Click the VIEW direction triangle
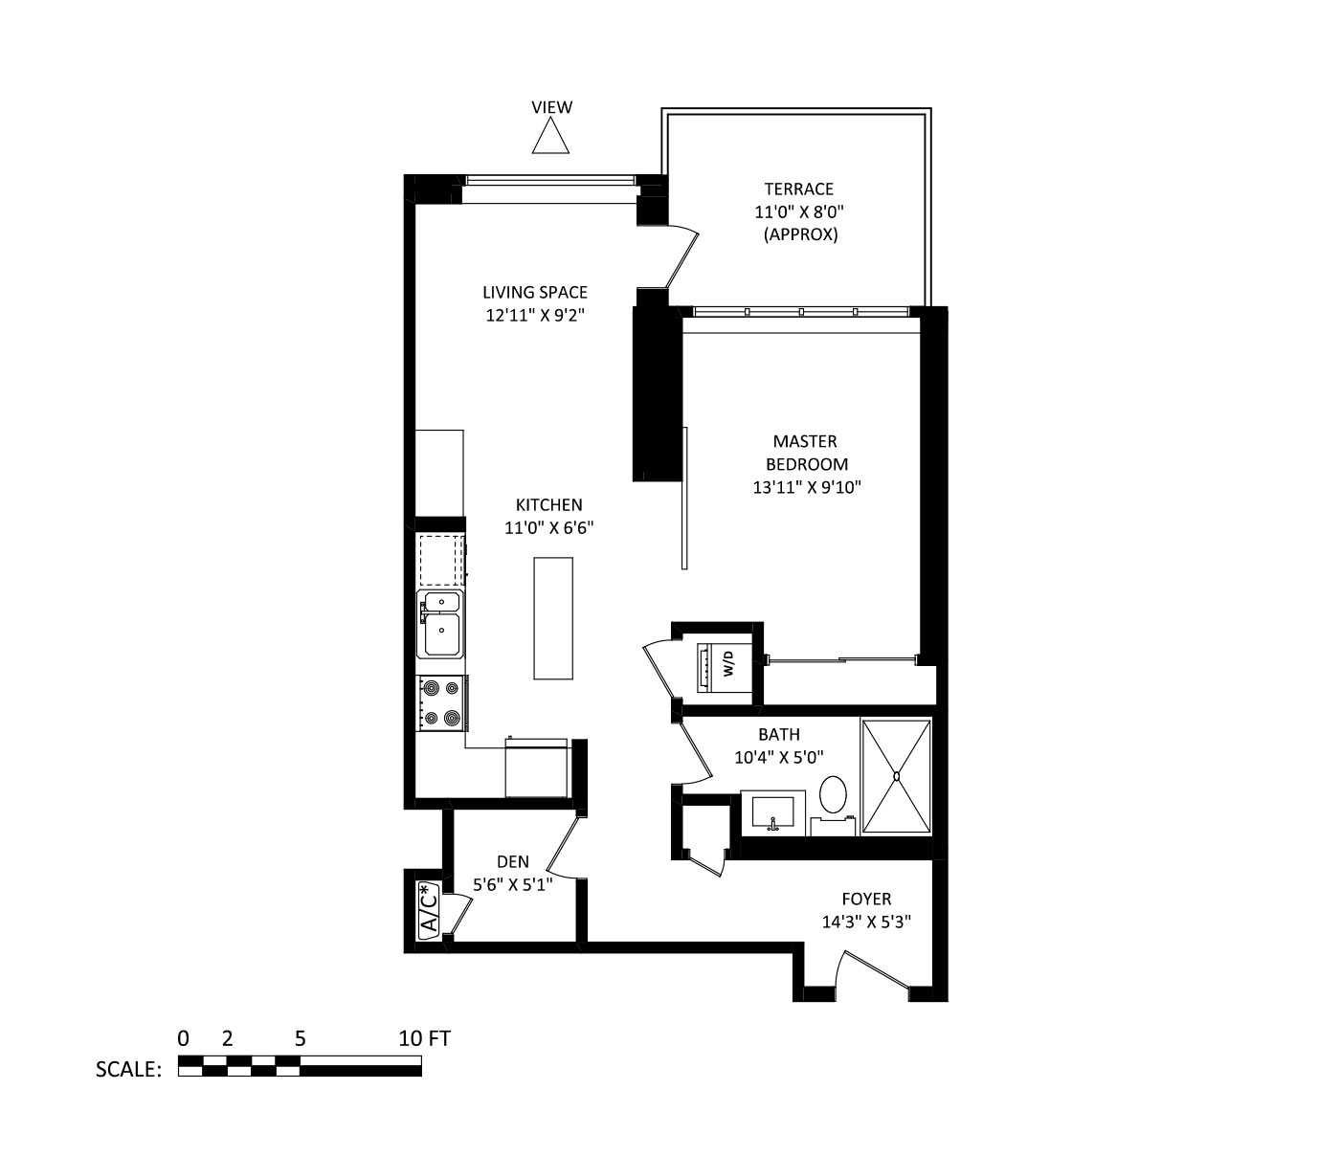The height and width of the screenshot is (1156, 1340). [x=550, y=139]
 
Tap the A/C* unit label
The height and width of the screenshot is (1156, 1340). [x=429, y=910]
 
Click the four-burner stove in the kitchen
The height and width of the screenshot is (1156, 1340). [x=441, y=702]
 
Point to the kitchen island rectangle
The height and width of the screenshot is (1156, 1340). [x=553, y=618]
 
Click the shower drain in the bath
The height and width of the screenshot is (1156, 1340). [x=897, y=776]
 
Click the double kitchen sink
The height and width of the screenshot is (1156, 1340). [x=441, y=624]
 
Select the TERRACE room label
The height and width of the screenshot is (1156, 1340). [x=798, y=189]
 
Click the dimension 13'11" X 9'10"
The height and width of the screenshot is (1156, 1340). [x=807, y=487]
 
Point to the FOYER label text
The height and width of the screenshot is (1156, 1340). [x=867, y=899]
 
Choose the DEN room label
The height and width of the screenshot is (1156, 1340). [x=513, y=861]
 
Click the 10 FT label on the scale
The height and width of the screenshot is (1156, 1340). [x=425, y=1038]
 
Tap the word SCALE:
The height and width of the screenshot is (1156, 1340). [x=128, y=1069]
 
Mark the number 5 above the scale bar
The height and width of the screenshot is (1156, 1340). [x=301, y=1038]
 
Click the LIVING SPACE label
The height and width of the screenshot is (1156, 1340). [x=535, y=293]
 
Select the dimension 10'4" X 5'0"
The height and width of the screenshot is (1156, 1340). [x=778, y=757]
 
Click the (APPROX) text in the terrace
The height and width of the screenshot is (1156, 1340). [x=800, y=234]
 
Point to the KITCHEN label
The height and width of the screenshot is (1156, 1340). [x=549, y=504]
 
